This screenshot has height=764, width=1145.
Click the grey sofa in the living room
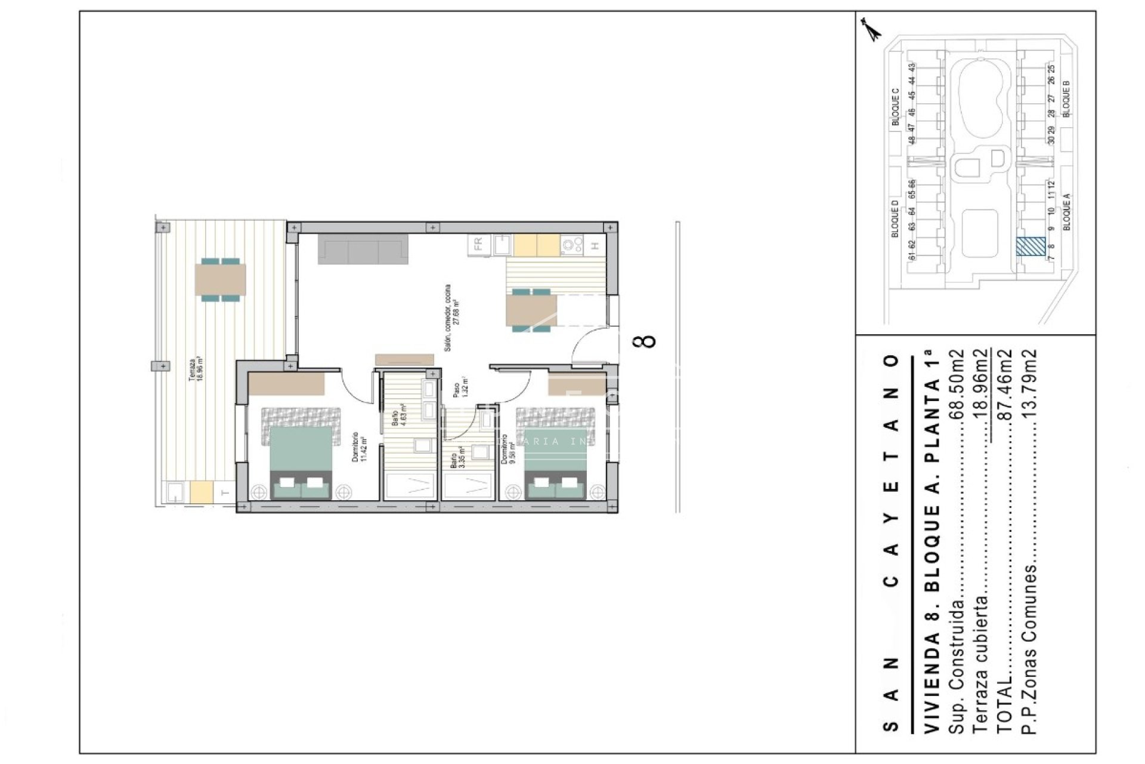363,249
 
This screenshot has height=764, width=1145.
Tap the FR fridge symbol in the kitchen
478,245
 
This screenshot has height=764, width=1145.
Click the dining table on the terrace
220,279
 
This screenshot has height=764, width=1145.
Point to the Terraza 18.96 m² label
196,369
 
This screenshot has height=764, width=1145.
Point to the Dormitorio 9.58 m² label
508,449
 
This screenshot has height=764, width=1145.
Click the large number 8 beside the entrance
646,340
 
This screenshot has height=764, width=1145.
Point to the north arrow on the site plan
872,30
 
